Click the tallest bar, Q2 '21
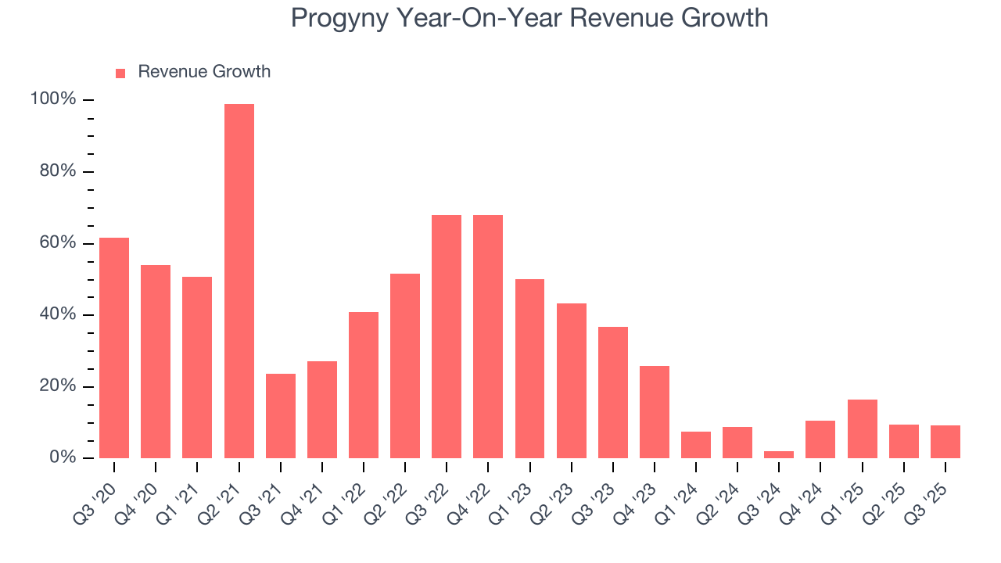pos(239,281)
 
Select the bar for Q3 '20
pos(114,347)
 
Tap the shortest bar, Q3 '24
pos(779,454)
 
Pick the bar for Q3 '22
pos(447,336)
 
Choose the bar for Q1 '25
pos(862,429)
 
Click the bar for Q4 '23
pos(655,411)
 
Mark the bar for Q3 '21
pos(280,415)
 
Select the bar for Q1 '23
pos(529,368)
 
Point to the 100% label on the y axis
pos(53,99)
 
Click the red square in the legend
pos(120,73)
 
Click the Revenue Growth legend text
pos(204,72)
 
